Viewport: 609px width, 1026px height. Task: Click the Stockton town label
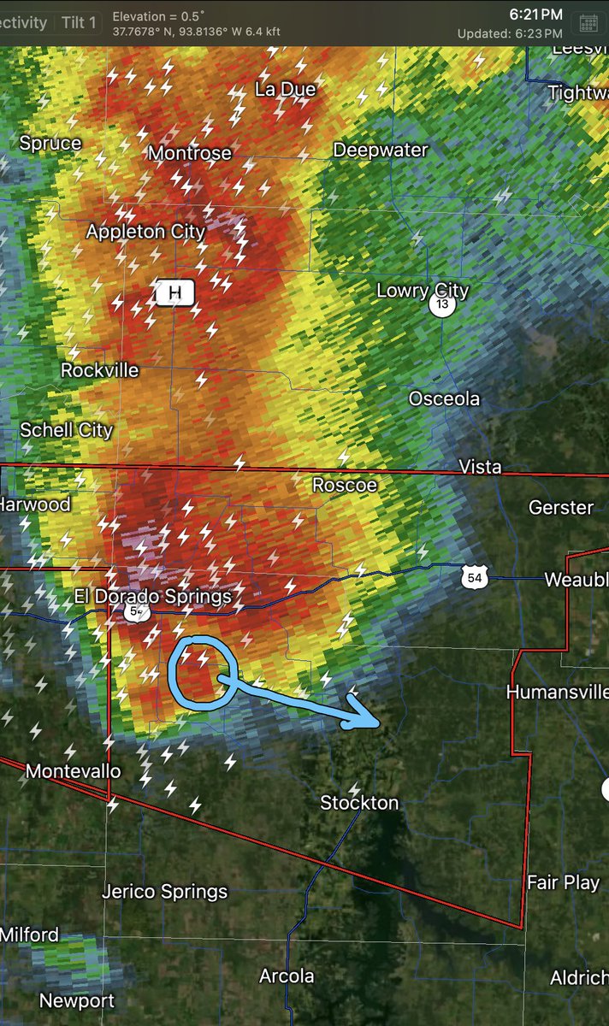(359, 803)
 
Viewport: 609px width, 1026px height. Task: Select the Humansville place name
(557, 692)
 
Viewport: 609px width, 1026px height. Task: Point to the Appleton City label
(145, 232)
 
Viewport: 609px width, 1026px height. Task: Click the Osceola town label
(444, 398)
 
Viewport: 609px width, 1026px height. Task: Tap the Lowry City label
(423, 291)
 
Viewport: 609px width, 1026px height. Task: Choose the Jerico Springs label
(165, 892)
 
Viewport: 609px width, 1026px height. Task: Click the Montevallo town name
(73, 771)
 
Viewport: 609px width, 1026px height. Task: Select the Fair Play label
(563, 882)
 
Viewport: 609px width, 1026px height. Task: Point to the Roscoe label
(344, 485)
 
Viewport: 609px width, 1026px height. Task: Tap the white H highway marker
(175, 293)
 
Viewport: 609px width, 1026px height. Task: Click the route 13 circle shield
(441, 305)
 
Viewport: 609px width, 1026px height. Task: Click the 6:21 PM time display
(535, 15)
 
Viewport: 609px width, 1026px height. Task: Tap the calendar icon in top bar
(588, 23)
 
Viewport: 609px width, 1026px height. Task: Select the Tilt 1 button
(79, 23)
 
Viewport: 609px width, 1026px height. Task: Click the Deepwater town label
(380, 150)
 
